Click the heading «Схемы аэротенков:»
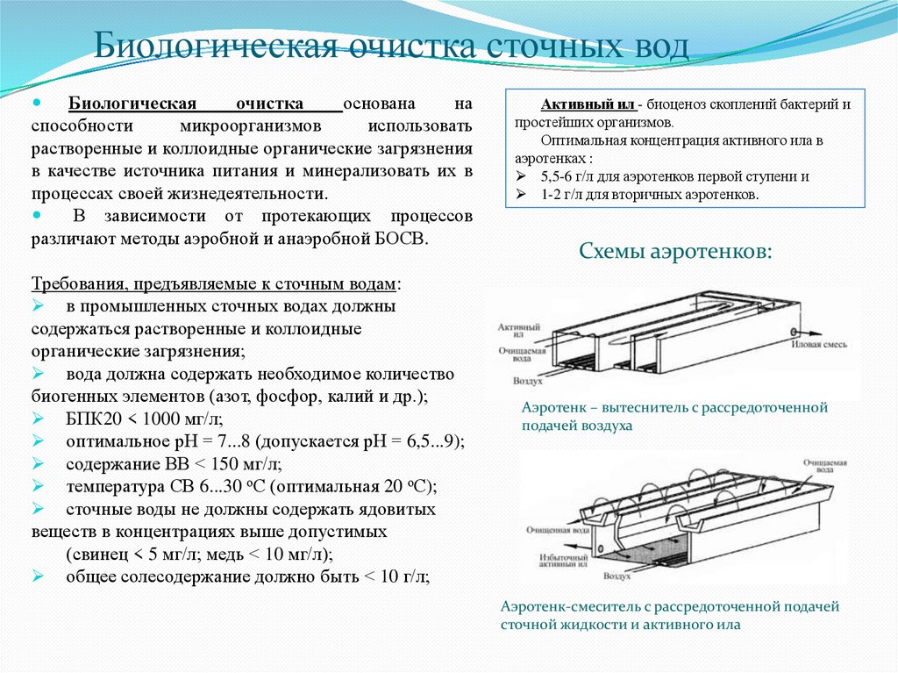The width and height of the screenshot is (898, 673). tap(676, 253)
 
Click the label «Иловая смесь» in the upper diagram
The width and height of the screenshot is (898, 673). tap(819, 345)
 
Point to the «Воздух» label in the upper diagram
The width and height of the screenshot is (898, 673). tap(529, 383)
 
